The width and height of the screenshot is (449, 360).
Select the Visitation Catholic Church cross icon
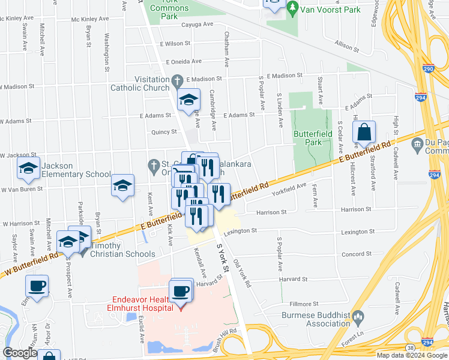point(177,80)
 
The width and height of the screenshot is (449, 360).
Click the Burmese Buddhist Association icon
point(358,315)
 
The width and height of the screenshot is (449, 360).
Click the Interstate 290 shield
point(429,69)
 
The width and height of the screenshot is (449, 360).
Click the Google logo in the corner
point(20,353)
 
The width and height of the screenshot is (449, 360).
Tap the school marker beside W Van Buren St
point(122,187)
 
